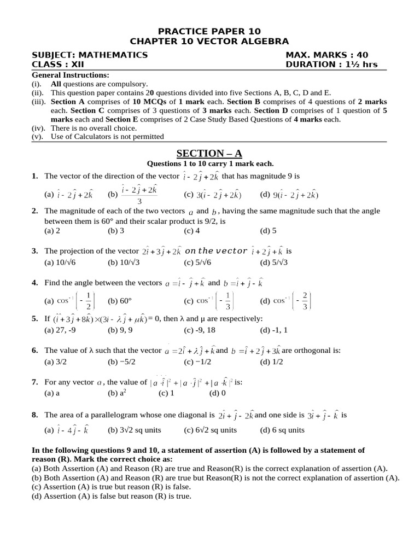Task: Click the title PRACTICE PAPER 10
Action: pyautogui.click(x=209, y=31)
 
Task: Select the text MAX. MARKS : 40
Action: pyautogui.click(x=326, y=55)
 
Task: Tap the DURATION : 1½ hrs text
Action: pyautogui.click(x=331, y=65)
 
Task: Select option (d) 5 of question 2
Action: pyautogui.click(x=268, y=231)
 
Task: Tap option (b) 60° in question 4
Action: pyautogui.click(x=121, y=300)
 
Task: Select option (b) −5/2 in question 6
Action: pyautogui.click(x=121, y=361)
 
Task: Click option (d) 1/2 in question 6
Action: pyautogui.click(x=272, y=361)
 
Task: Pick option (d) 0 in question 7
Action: pyautogui.click(x=218, y=393)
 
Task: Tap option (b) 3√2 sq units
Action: pyautogui.click(x=134, y=430)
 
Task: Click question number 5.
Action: pyautogui.click(x=34, y=319)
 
